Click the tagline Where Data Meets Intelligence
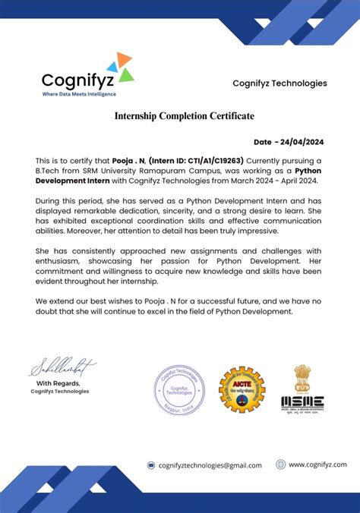coord(79,94)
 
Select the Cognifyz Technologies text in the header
coord(279,83)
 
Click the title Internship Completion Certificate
coord(184,116)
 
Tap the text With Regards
coord(60,383)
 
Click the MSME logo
coord(302,402)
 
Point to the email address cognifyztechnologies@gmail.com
coord(210,465)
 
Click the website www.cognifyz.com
coord(317,464)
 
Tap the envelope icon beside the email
coord(151,465)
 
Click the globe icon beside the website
coord(280,464)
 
